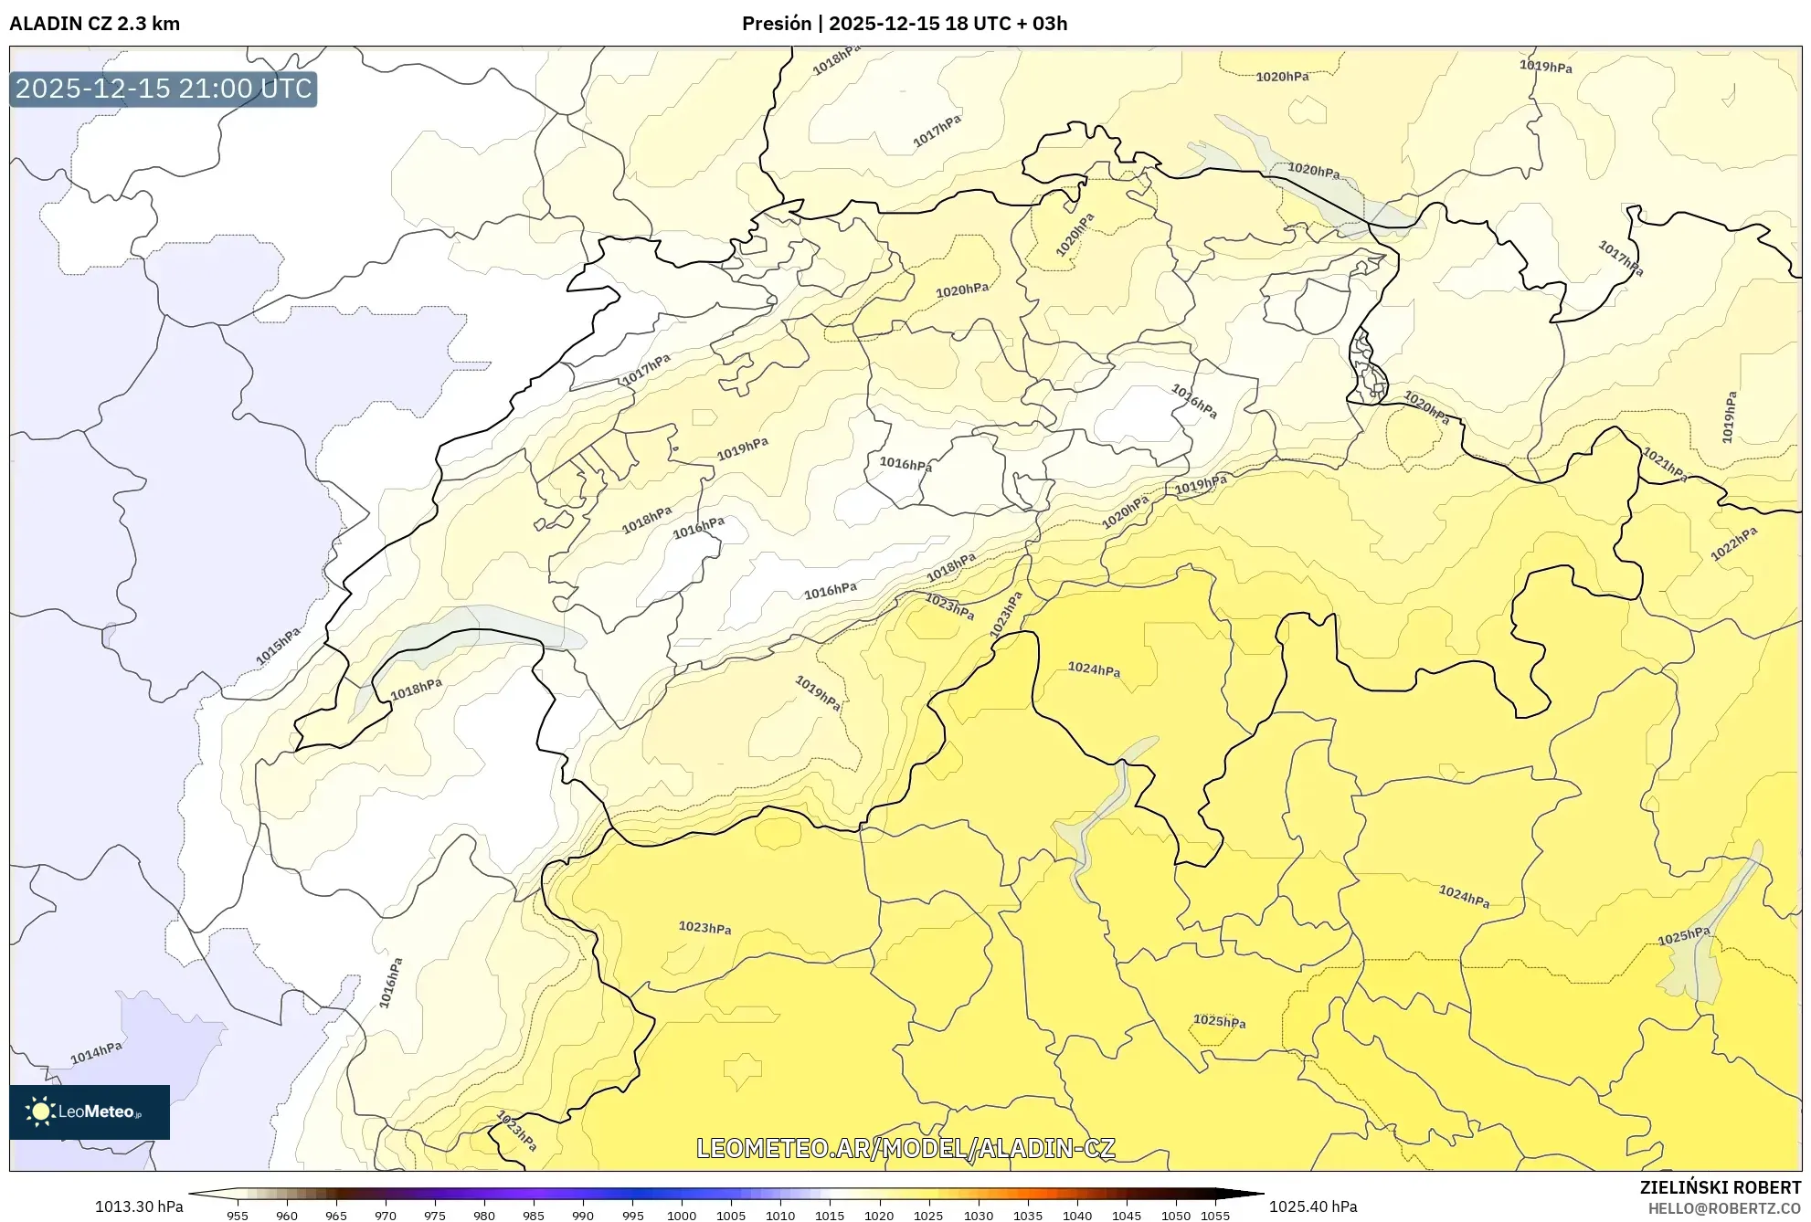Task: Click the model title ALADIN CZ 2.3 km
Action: tap(94, 24)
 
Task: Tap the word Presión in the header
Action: tap(776, 24)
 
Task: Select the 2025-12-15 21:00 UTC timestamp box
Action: tap(164, 89)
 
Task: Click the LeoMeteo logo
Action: tap(89, 1111)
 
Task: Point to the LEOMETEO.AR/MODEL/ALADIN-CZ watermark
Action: tap(905, 1148)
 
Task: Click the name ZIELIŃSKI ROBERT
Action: tap(1720, 1187)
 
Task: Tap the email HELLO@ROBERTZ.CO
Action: tap(1723, 1208)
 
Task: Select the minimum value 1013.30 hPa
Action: tap(139, 1206)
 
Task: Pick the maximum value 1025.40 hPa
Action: tap(1313, 1206)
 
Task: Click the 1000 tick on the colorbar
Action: tap(682, 1215)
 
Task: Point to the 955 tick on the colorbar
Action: tap(238, 1215)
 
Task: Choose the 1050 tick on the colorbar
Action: tap(1176, 1215)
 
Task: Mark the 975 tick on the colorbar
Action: tap(435, 1215)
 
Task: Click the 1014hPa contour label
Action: tap(96, 1053)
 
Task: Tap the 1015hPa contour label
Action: tap(278, 646)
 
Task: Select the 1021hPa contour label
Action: tap(1665, 464)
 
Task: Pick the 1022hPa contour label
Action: tap(1733, 543)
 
